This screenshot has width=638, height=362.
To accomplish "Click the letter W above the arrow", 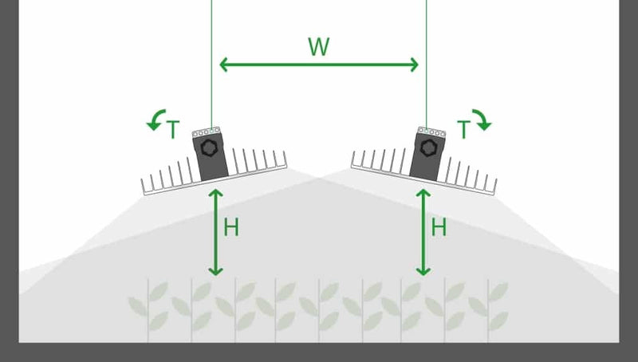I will coord(319,46).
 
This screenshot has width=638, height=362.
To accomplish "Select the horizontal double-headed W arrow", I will coord(319,65).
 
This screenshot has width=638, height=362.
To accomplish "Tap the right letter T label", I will coord(463,128).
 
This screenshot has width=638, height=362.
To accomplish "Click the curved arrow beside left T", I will coord(155,120).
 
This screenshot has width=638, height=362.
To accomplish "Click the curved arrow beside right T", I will coord(483,120).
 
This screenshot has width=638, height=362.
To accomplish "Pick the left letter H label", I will coord(231,228).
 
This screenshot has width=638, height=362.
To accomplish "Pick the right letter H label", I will coord(439,228).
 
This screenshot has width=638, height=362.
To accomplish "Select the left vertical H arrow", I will coord(215,231).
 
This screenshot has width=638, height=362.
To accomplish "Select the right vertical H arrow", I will coord(423,231).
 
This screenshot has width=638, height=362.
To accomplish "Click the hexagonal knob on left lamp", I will coord(210,148).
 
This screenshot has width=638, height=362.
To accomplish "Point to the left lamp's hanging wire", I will coord(211,64).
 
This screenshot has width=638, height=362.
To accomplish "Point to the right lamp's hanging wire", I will coord(427,64).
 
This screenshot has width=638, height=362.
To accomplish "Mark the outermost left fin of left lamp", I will coord(143,187).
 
